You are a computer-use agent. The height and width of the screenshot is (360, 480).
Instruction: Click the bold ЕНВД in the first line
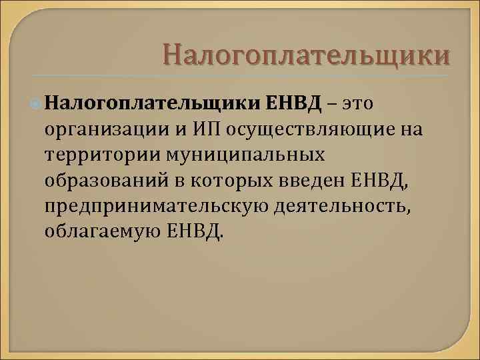click(293, 103)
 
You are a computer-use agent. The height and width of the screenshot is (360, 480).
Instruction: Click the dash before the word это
click(332, 104)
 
